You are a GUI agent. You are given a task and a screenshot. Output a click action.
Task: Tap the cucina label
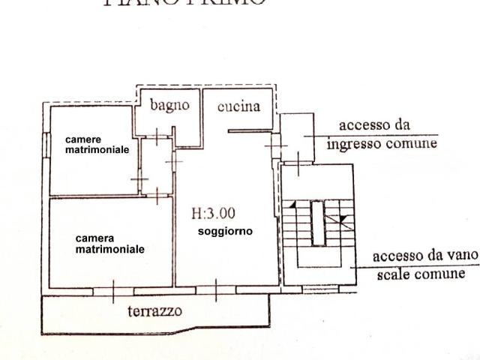click(238, 106)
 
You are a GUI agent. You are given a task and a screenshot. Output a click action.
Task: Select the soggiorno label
click(225, 232)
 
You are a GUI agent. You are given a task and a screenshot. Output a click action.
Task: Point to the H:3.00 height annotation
click(214, 214)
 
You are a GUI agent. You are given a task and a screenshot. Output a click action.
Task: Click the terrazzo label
click(154, 310)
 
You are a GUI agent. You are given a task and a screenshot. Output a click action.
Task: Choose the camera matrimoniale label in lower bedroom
click(109, 244)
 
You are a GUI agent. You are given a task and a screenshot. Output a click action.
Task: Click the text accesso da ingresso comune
click(387, 133)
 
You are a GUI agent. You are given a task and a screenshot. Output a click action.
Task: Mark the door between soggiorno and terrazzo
click(217, 289)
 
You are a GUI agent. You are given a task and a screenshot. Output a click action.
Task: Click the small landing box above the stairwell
click(298, 132)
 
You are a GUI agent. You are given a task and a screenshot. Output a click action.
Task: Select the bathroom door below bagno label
click(157, 137)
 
